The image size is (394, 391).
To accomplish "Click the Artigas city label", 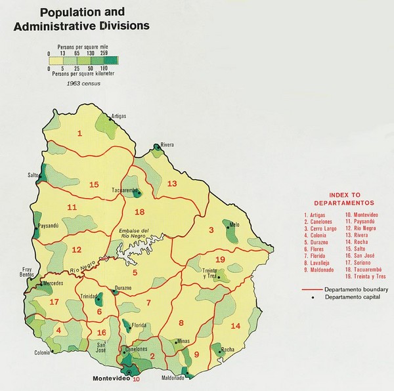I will coord(118,115).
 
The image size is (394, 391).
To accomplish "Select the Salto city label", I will coord(32,176).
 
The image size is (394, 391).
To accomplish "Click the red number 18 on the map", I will coord(139,212).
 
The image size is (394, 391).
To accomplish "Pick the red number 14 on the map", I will coord(236,326).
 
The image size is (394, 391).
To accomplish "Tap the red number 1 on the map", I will coord(79,134).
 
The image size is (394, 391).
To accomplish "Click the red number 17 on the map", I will coord(54,302).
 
